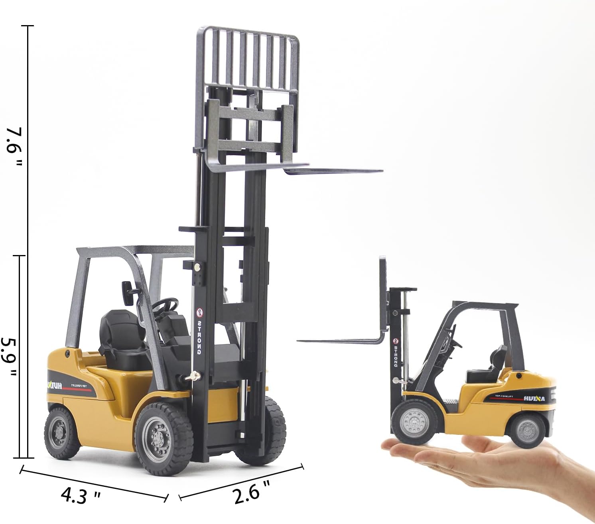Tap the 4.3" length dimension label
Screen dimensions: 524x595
point(80,496)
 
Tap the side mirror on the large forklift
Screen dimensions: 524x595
point(127,292)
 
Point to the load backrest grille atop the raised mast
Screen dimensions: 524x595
point(247,60)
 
